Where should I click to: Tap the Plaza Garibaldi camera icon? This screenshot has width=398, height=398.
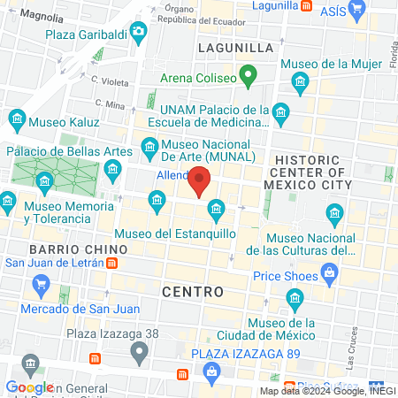[138, 34]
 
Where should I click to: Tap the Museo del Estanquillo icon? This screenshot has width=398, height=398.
[215, 210]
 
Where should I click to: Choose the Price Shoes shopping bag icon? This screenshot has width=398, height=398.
[329, 273]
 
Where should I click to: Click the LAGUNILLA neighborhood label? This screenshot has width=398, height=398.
[235, 47]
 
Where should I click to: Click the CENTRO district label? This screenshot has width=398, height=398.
[193, 290]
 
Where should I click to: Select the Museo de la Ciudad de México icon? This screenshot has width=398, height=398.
[295, 305]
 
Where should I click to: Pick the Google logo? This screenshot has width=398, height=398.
[29, 387]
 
